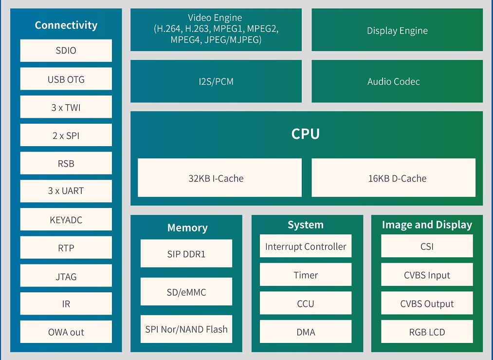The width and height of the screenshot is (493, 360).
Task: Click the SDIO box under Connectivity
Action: click(x=66, y=51)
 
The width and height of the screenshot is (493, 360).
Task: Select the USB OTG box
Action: click(x=66, y=79)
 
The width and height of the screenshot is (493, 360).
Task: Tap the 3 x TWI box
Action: click(x=66, y=107)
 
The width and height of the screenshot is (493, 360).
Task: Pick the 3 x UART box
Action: click(x=66, y=191)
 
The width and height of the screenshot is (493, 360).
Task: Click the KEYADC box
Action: click(x=66, y=220)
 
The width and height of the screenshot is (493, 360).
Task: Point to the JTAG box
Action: click(x=66, y=276)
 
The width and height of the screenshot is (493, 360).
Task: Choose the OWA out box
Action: click(x=66, y=332)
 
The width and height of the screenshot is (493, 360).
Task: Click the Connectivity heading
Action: click(x=66, y=25)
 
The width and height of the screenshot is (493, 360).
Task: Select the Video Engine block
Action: click(x=216, y=30)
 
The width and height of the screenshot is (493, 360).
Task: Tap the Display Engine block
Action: click(x=397, y=30)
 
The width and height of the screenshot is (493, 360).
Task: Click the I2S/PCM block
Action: click(x=216, y=81)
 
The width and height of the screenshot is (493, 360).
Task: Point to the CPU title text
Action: click(x=306, y=134)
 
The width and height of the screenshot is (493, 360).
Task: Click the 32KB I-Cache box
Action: click(x=219, y=178)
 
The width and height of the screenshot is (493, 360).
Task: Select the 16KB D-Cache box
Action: click(x=393, y=178)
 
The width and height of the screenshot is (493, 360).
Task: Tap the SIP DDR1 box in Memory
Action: click(x=186, y=253)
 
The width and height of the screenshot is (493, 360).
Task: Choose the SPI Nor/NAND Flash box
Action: click(x=186, y=329)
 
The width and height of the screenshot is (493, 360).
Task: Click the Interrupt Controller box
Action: click(x=306, y=246)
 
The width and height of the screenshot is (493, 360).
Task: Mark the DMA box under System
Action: click(x=306, y=332)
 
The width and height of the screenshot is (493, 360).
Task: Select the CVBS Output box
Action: click(x=427, y=303)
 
